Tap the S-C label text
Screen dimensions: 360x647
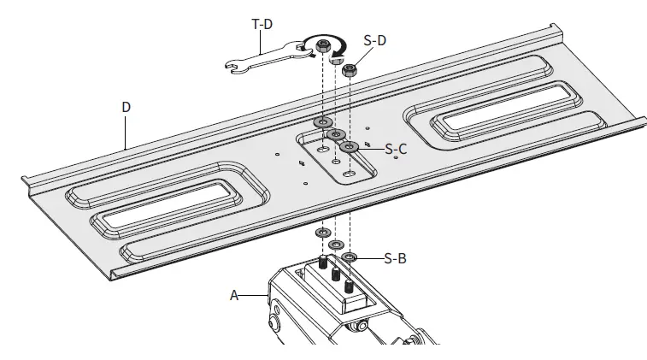pyautogui.click(x=396, y=149)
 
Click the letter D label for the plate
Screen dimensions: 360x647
pyautogui.click(x=126, y=108)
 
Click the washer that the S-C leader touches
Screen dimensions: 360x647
pyautogui.click(x=349, y=147)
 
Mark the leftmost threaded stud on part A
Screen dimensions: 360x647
pyautogui.click(x=323, y=263)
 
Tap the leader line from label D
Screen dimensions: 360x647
pyautogui.click(x=126, y=133)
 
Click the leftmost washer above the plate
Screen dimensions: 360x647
pyautogui.click(x=323, y=123)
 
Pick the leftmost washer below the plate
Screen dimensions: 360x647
pyautogui.click(x=324, y=233)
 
